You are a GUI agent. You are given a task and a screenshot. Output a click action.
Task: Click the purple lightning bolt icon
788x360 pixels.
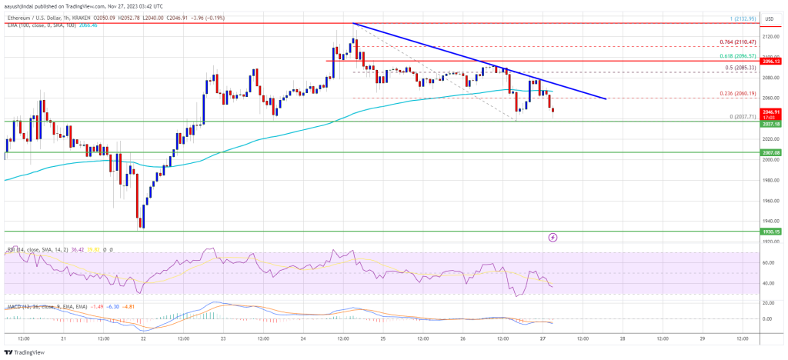tap(553, 237)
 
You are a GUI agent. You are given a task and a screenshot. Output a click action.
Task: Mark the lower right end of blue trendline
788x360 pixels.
tap(606, 98)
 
